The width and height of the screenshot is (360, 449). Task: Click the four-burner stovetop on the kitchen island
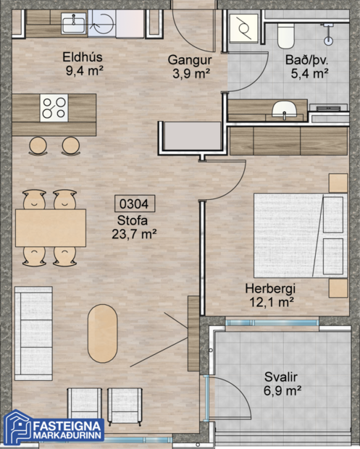(54, 108)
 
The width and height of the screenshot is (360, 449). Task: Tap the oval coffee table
(104, 332)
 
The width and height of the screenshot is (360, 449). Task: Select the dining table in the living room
(51, 227)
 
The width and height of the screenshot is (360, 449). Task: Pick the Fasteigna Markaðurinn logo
(55, 427)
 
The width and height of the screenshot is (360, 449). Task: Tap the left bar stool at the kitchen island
(38, 146)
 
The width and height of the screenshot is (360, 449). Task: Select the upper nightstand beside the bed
(338, 182)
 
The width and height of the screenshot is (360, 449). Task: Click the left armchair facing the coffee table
(85, 403)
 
